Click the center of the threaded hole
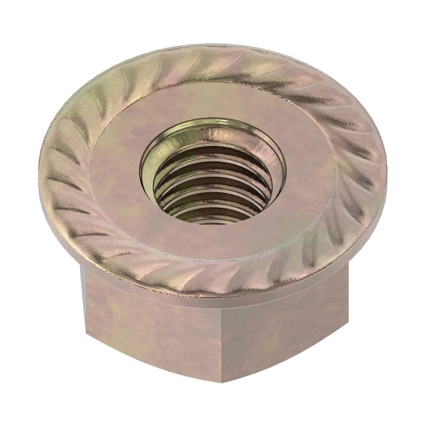coord(214,179)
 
